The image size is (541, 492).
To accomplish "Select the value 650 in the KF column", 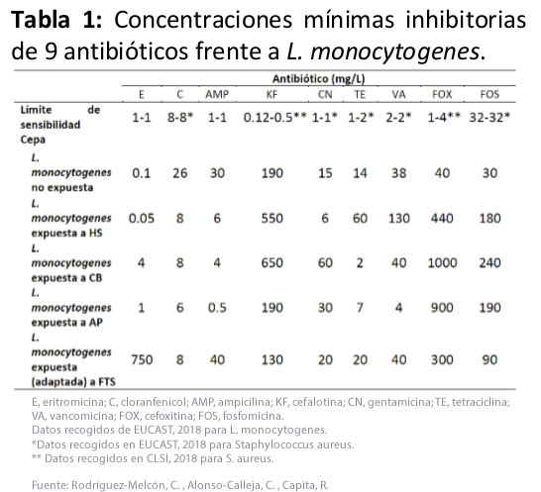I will (270, 265).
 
